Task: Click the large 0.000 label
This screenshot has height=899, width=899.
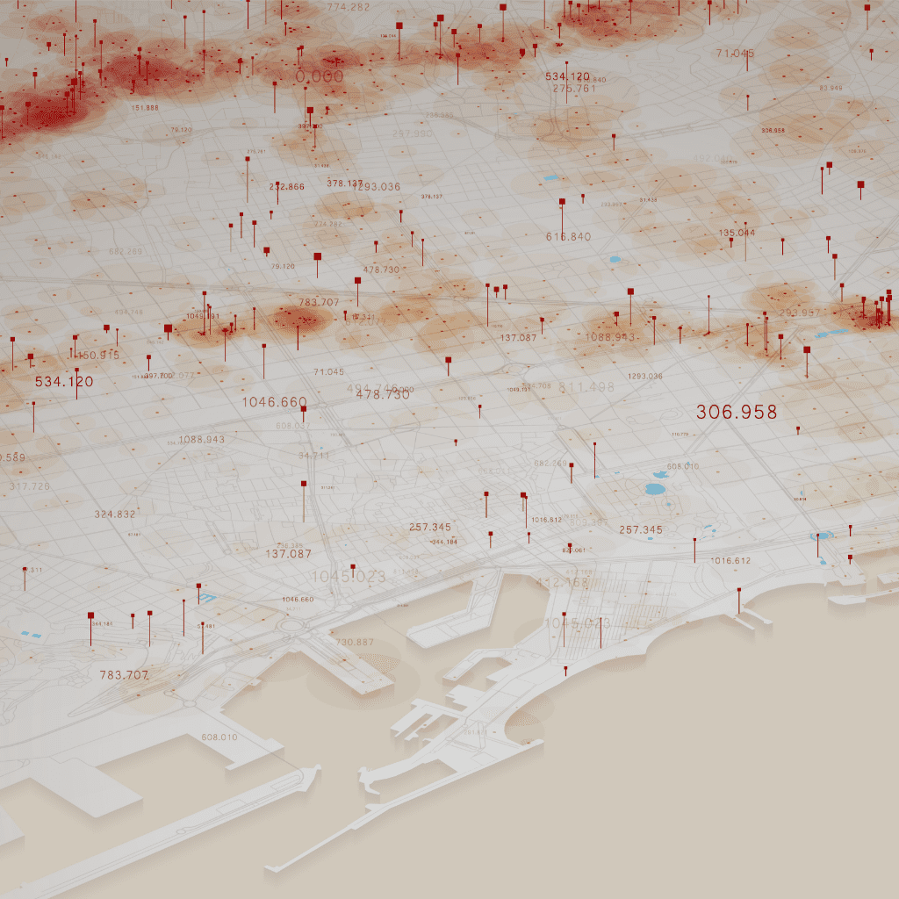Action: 320,77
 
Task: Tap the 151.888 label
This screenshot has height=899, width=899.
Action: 145,108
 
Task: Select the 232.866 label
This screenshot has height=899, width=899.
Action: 287,187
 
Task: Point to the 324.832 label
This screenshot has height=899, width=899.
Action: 115,514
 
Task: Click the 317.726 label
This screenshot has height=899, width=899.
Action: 30,486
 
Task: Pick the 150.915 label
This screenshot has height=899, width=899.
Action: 97,356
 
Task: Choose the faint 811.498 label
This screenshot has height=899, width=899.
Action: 586,387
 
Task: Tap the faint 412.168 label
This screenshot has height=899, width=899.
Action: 562,582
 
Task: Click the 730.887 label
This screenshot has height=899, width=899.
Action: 355,643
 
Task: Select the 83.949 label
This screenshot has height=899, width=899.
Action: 831,89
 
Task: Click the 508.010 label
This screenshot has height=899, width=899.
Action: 219,737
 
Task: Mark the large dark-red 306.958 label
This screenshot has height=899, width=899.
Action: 737,412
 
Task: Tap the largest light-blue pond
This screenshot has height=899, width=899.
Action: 656,489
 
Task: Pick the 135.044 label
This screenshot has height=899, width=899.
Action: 737,233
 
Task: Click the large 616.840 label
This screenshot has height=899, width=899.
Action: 568,237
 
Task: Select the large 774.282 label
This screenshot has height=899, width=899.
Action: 349,7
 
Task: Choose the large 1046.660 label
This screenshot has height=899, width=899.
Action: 275,402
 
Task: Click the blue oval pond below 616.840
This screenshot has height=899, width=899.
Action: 614,260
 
